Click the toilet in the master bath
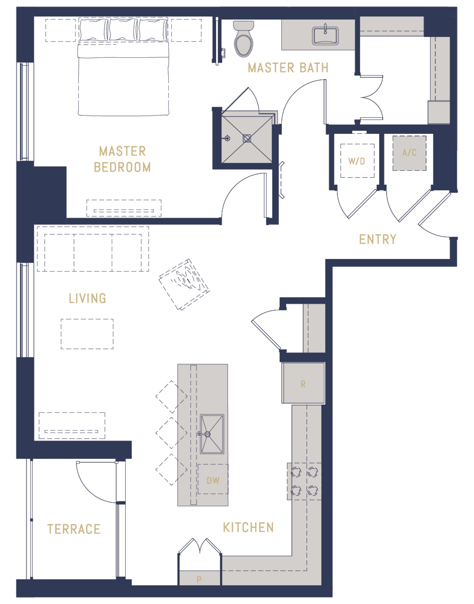243,39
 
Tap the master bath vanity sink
325,36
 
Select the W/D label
356,161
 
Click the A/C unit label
409,152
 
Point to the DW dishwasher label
213,480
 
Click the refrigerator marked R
303,383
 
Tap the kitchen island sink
212,434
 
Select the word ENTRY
378,239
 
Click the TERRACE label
74,529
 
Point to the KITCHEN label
249,528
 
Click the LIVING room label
87,298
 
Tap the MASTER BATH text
288,68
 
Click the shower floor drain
247,138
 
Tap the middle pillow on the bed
123,30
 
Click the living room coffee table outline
87,334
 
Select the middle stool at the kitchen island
171,433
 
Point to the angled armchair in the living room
184,284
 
